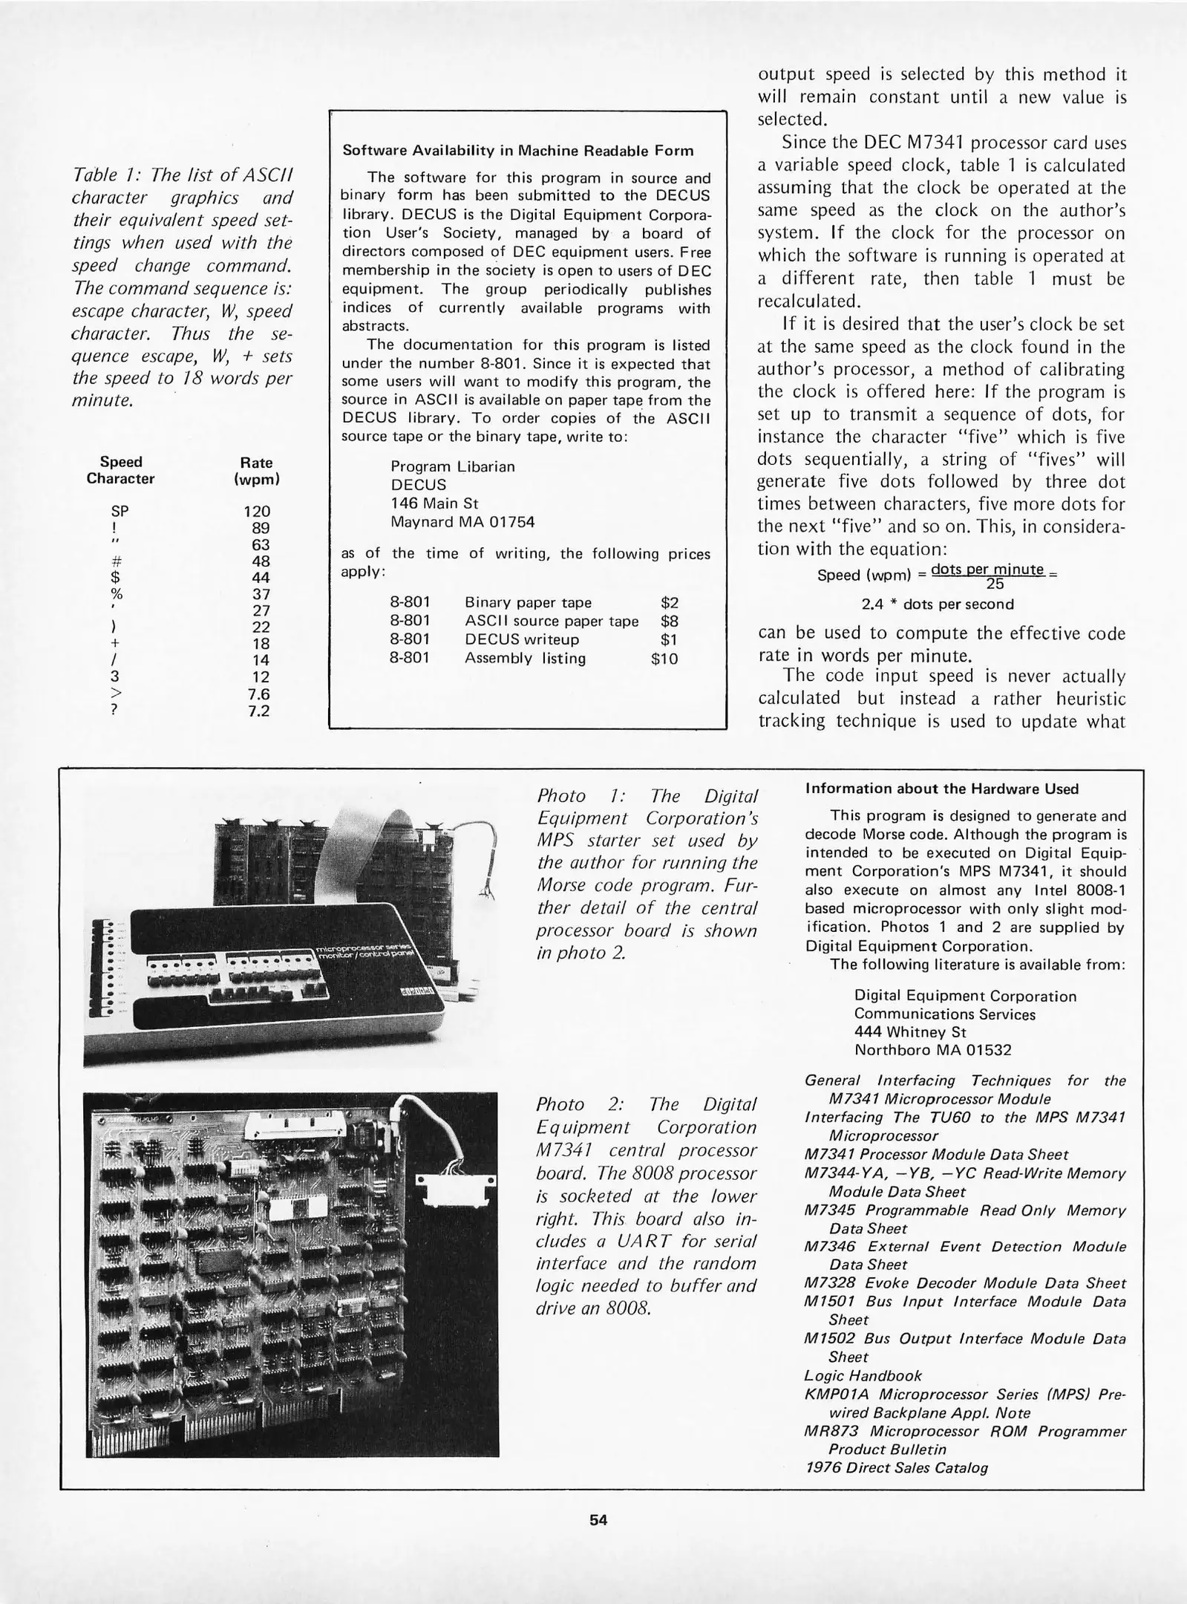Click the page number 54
[x=598, y=1519]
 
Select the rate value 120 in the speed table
[x=257, y=511]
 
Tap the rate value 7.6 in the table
[x=258, y=694]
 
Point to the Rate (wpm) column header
[x=256, y=470]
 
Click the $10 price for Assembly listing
[x=664, y=658]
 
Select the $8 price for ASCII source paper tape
[x=669, y=621]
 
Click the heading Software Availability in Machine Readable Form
[x=517, y=151]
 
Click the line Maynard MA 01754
[x=462, y=521]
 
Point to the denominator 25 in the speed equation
[x=995, y=583]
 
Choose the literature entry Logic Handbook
[x=863, y=1375]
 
